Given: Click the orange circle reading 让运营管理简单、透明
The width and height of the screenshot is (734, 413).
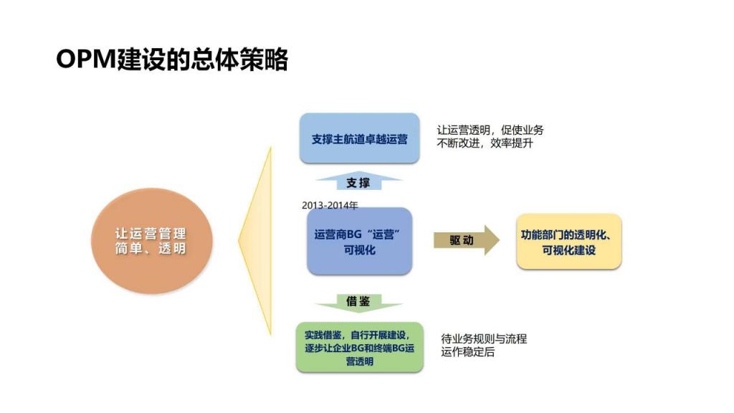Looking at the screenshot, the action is click(152, 241).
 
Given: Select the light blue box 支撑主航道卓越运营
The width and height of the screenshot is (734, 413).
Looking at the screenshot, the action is click(359, 138).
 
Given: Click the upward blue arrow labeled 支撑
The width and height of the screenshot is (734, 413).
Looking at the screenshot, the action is click(358, 181).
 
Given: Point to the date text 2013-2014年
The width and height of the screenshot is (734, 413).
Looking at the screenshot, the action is click(330, 205).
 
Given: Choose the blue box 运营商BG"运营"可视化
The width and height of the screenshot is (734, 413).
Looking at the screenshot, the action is click(360, 241).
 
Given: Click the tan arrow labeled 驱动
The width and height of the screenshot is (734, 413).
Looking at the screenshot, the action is click(466, 240).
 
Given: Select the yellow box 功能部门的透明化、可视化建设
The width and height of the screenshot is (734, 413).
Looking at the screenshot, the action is click(568, 242).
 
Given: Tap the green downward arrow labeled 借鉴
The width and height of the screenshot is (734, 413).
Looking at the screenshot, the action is click(358, 303).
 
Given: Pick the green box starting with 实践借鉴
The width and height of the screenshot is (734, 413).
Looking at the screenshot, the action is click(360, 348).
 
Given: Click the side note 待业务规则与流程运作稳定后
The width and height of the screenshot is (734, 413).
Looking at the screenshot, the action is click(484, 345).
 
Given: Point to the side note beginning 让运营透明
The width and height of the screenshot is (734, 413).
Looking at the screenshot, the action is click(490, 136).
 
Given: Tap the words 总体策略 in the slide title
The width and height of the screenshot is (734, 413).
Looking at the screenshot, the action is click(239, 60).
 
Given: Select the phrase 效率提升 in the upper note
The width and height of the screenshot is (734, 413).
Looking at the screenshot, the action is click(512, 143).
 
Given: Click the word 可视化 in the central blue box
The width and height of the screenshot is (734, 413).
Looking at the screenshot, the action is click(360, 250).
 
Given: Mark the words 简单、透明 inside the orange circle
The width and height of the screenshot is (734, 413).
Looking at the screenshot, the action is click(151, 248).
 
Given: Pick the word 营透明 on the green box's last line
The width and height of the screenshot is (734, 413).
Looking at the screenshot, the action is click(360, 361).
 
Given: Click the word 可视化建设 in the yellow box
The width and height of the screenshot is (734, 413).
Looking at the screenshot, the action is click(568, 250).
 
